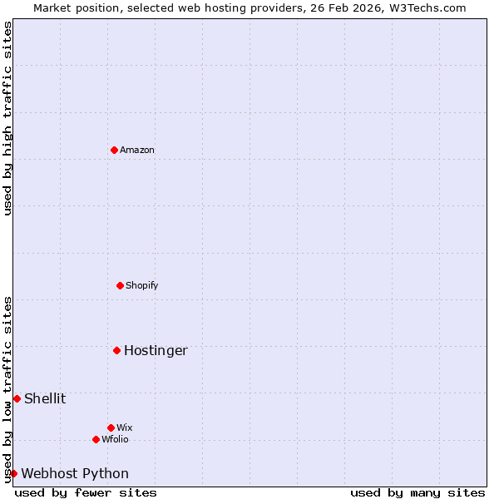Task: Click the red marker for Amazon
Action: (114, 150)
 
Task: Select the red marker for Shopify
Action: (120, 285)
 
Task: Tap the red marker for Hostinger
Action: (117, 350)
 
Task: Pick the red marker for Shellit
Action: (17, 398)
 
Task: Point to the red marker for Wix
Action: (111, 427)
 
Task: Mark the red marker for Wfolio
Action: (96, 439)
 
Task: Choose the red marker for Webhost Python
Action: (13, 473)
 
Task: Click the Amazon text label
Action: (137, 150)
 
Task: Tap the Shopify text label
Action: (142, 285)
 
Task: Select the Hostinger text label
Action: (156, 350)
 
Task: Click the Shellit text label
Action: (45, 398)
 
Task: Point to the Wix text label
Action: (125, 427)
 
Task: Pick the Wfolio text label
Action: (116, 439)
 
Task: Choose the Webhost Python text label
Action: (75, 473)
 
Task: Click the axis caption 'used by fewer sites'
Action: (86, 492)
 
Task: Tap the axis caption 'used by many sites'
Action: (417, 492)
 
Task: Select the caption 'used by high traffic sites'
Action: (7, 118)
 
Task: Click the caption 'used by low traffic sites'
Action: (7, 388)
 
